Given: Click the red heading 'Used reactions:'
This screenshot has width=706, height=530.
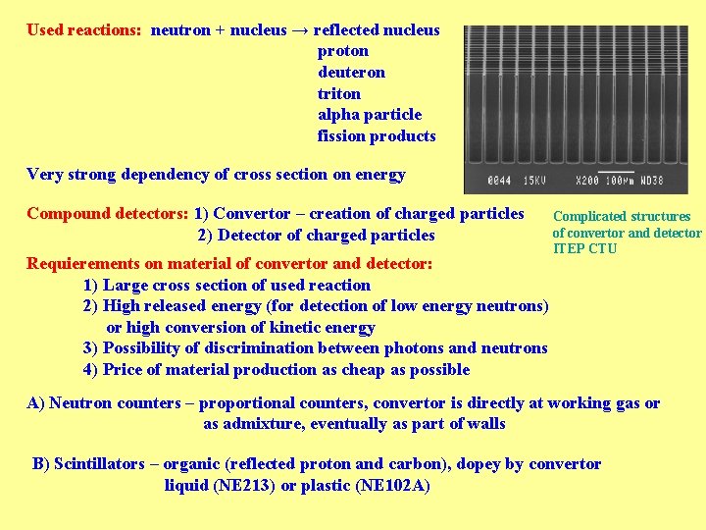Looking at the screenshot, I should pos(84,30).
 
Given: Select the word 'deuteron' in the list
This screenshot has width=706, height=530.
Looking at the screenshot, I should pos(351,73).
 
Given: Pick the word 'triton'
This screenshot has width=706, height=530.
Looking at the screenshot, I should pos(339,94).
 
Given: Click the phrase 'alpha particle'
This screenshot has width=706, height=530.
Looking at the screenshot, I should pos(369,115).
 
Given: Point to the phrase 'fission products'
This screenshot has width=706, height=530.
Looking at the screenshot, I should pos(377,136).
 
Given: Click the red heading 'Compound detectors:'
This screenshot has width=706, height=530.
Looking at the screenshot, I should pos(107,214).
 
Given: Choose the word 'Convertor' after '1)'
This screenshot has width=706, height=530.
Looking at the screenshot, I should pos(252,214).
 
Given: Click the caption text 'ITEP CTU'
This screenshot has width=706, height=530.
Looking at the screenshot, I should pos(585,248).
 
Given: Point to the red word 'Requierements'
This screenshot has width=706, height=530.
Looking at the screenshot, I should pos(80,264).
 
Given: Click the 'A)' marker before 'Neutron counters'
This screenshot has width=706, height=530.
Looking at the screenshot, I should pos(36,403).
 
